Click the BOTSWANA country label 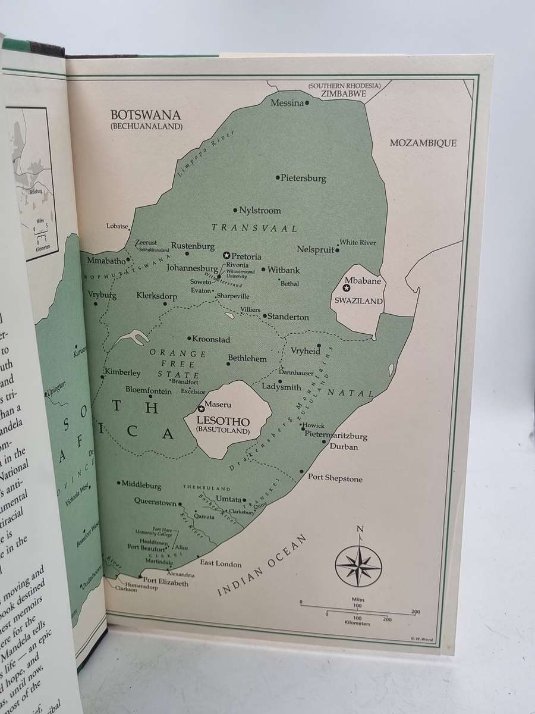[146, 115]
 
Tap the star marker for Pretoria [226, 255]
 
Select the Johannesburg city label [192, 268]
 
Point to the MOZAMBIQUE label [423, 143]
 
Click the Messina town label [287, 103]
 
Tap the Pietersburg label [303, 177]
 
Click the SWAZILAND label [358, 301]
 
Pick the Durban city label [344, 446]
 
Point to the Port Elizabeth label [166, 583]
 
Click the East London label [221, 563]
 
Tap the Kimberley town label [123, 373]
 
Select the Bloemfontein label [148, 391]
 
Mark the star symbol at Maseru [201, 408]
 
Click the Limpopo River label [197, 154]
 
